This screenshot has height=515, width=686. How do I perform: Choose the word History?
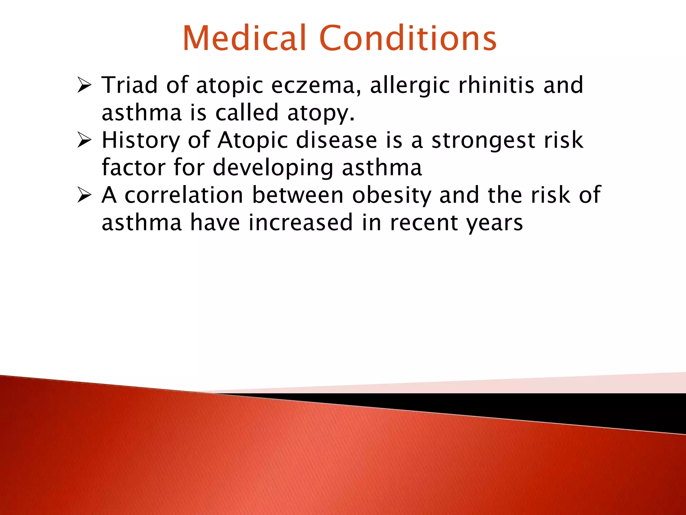[x=141, y=140]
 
